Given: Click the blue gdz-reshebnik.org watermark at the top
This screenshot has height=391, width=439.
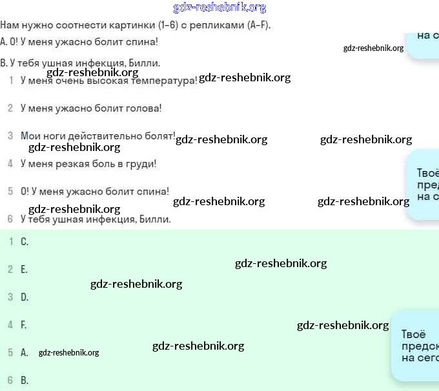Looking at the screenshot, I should coord(219,8).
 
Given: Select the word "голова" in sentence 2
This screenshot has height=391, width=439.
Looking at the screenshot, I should coord(144,108).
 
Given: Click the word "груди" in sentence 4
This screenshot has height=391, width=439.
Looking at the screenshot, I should coord(142,164).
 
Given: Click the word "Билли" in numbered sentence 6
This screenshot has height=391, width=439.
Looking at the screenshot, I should coord(154,219).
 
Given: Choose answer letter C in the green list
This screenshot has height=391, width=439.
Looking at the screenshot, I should coord(25,242).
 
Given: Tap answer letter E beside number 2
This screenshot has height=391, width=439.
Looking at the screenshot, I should coord(25,270).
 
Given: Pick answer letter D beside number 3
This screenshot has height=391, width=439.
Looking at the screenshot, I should coord(25,297).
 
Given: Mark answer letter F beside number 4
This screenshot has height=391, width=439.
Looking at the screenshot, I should coord(24,325).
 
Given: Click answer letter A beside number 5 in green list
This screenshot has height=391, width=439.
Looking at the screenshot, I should coord(25,353).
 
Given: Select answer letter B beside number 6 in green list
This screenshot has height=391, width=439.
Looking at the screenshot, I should coord(25,381).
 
